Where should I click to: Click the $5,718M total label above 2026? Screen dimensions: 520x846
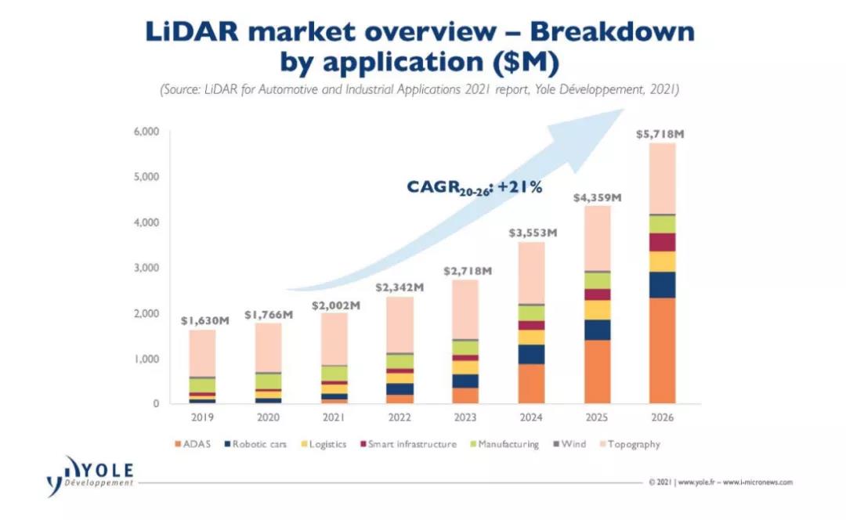(661, 135)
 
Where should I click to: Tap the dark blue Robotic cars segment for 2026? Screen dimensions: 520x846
(661, 284)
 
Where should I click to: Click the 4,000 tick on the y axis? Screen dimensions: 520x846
(146, 222)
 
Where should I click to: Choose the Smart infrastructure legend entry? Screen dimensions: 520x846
(407, 444)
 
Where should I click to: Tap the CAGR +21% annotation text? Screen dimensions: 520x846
(474, 187)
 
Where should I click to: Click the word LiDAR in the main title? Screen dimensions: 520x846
(193, 32)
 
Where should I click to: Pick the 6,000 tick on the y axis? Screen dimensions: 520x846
(146, 132)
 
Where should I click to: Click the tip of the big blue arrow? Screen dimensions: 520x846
(623, 110)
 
